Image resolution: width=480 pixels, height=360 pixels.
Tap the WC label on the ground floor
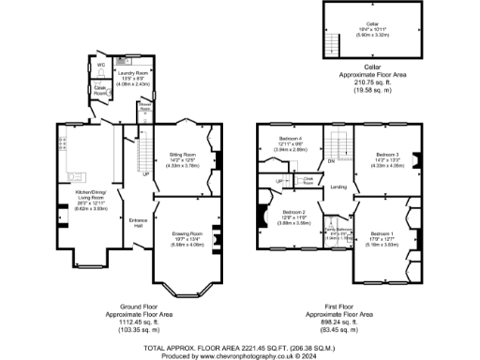coord(101,66)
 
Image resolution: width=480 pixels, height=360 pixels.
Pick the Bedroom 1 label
coord(381,232)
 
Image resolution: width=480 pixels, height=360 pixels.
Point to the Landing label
coord(339,187)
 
